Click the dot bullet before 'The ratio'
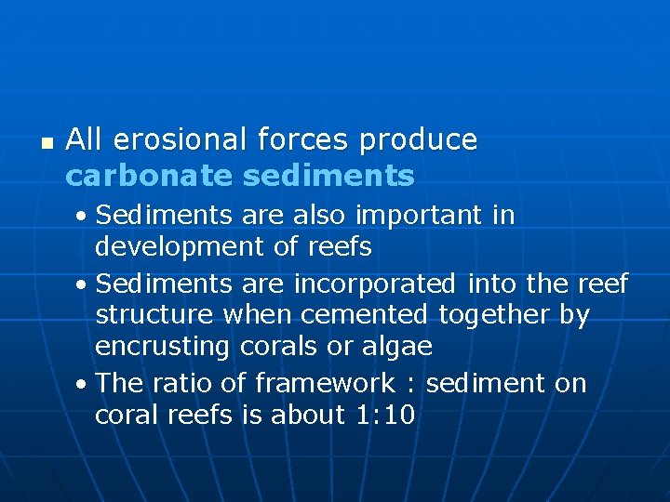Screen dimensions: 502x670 pos(84,383)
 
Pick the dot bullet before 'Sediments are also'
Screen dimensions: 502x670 pos(84,217)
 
